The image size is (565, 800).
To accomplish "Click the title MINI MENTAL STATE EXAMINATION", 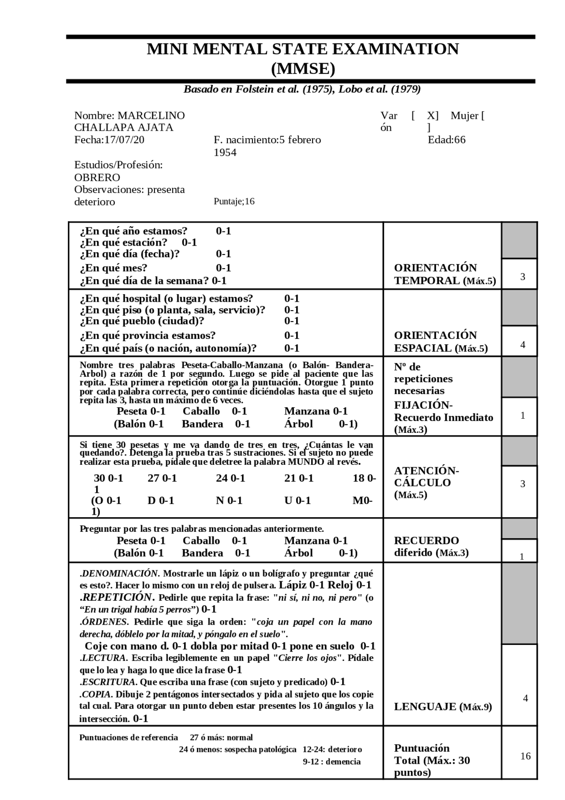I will tap(302, 49).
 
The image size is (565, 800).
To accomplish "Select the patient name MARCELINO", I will tap(151, 116).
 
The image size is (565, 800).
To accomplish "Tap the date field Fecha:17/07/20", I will tap(109, 140).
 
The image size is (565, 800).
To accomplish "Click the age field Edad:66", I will tap(446, 140).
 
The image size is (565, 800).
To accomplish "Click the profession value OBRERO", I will tap(97, 178).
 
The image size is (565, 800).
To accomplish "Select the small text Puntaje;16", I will tap(234, 201).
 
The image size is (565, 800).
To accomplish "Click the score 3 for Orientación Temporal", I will tap(523, 277).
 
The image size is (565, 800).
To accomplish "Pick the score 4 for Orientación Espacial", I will tap(523, 345).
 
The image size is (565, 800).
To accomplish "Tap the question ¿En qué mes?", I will tap(113, 268).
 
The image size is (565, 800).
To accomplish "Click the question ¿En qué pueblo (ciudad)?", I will tap(142, 321).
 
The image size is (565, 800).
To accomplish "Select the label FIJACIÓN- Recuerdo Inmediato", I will tap(443, 412).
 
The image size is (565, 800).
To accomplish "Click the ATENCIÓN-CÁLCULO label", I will tap(426, 477).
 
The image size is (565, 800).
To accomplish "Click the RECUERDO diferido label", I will tap(430, 546).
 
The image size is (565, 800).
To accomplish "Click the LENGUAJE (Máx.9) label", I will tap(442, 707).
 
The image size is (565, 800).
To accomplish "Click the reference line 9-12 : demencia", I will tap(331, 762).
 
